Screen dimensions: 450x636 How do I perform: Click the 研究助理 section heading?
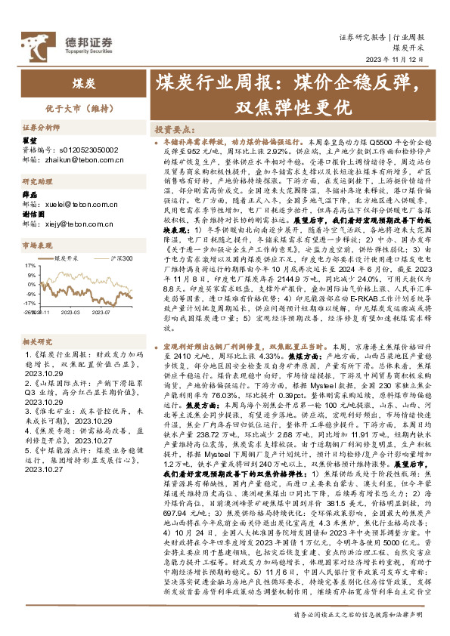(x=36, y=182)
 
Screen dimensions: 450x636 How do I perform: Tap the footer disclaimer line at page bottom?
(x=358, y=616)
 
